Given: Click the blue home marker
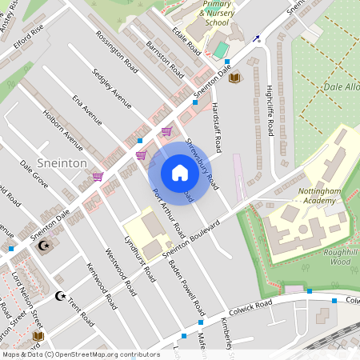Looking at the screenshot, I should tap(180, 173).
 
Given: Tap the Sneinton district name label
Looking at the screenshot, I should tap(62, 162).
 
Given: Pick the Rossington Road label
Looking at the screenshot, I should tap(117, 53).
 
